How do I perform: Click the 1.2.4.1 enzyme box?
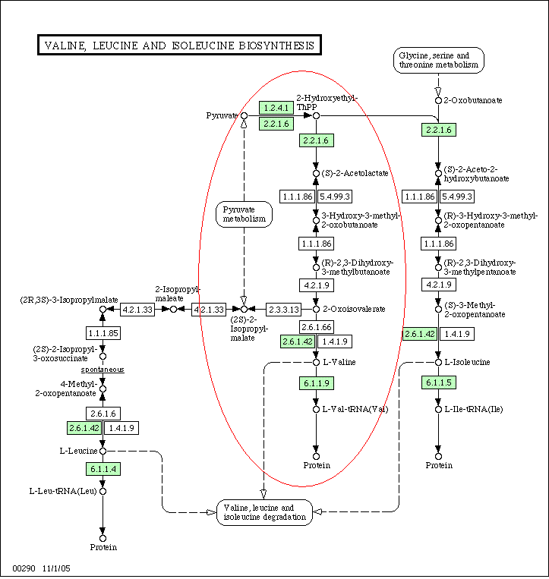coord(276,108)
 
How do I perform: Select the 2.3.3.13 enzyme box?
coord(283,310)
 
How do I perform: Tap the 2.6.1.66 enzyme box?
coord(317,327)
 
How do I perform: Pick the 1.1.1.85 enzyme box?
coord(103,333)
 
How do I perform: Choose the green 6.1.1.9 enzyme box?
coord(317,383)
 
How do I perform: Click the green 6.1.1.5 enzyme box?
coord(439,382)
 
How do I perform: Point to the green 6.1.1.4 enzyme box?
coord(103,469)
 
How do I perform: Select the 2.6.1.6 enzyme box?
coord(103,414)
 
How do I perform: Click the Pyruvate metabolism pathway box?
coord(244,214)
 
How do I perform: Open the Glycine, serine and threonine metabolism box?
coord(439,60)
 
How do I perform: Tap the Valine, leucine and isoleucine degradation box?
coord(264,512)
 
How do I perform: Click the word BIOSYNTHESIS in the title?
coord(276,46)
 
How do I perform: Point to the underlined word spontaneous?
coord(103,370)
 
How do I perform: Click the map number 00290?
coord(24,568)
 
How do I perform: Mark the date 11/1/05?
coord(56,568)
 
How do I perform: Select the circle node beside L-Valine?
coord(316,363)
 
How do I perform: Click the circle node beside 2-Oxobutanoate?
coord(439,100)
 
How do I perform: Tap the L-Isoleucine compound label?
coord(467,362)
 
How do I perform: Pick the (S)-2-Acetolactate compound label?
coord(355,173)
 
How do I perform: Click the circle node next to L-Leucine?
coord(103,452)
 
